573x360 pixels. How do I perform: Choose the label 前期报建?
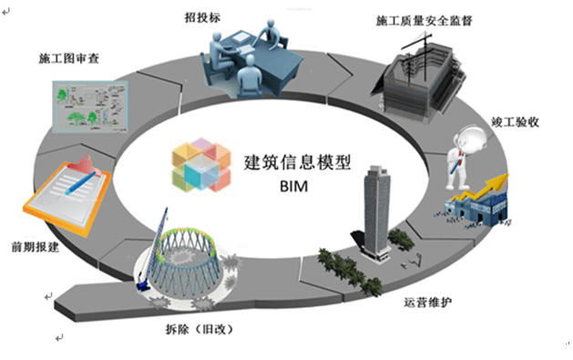click(36, 246)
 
